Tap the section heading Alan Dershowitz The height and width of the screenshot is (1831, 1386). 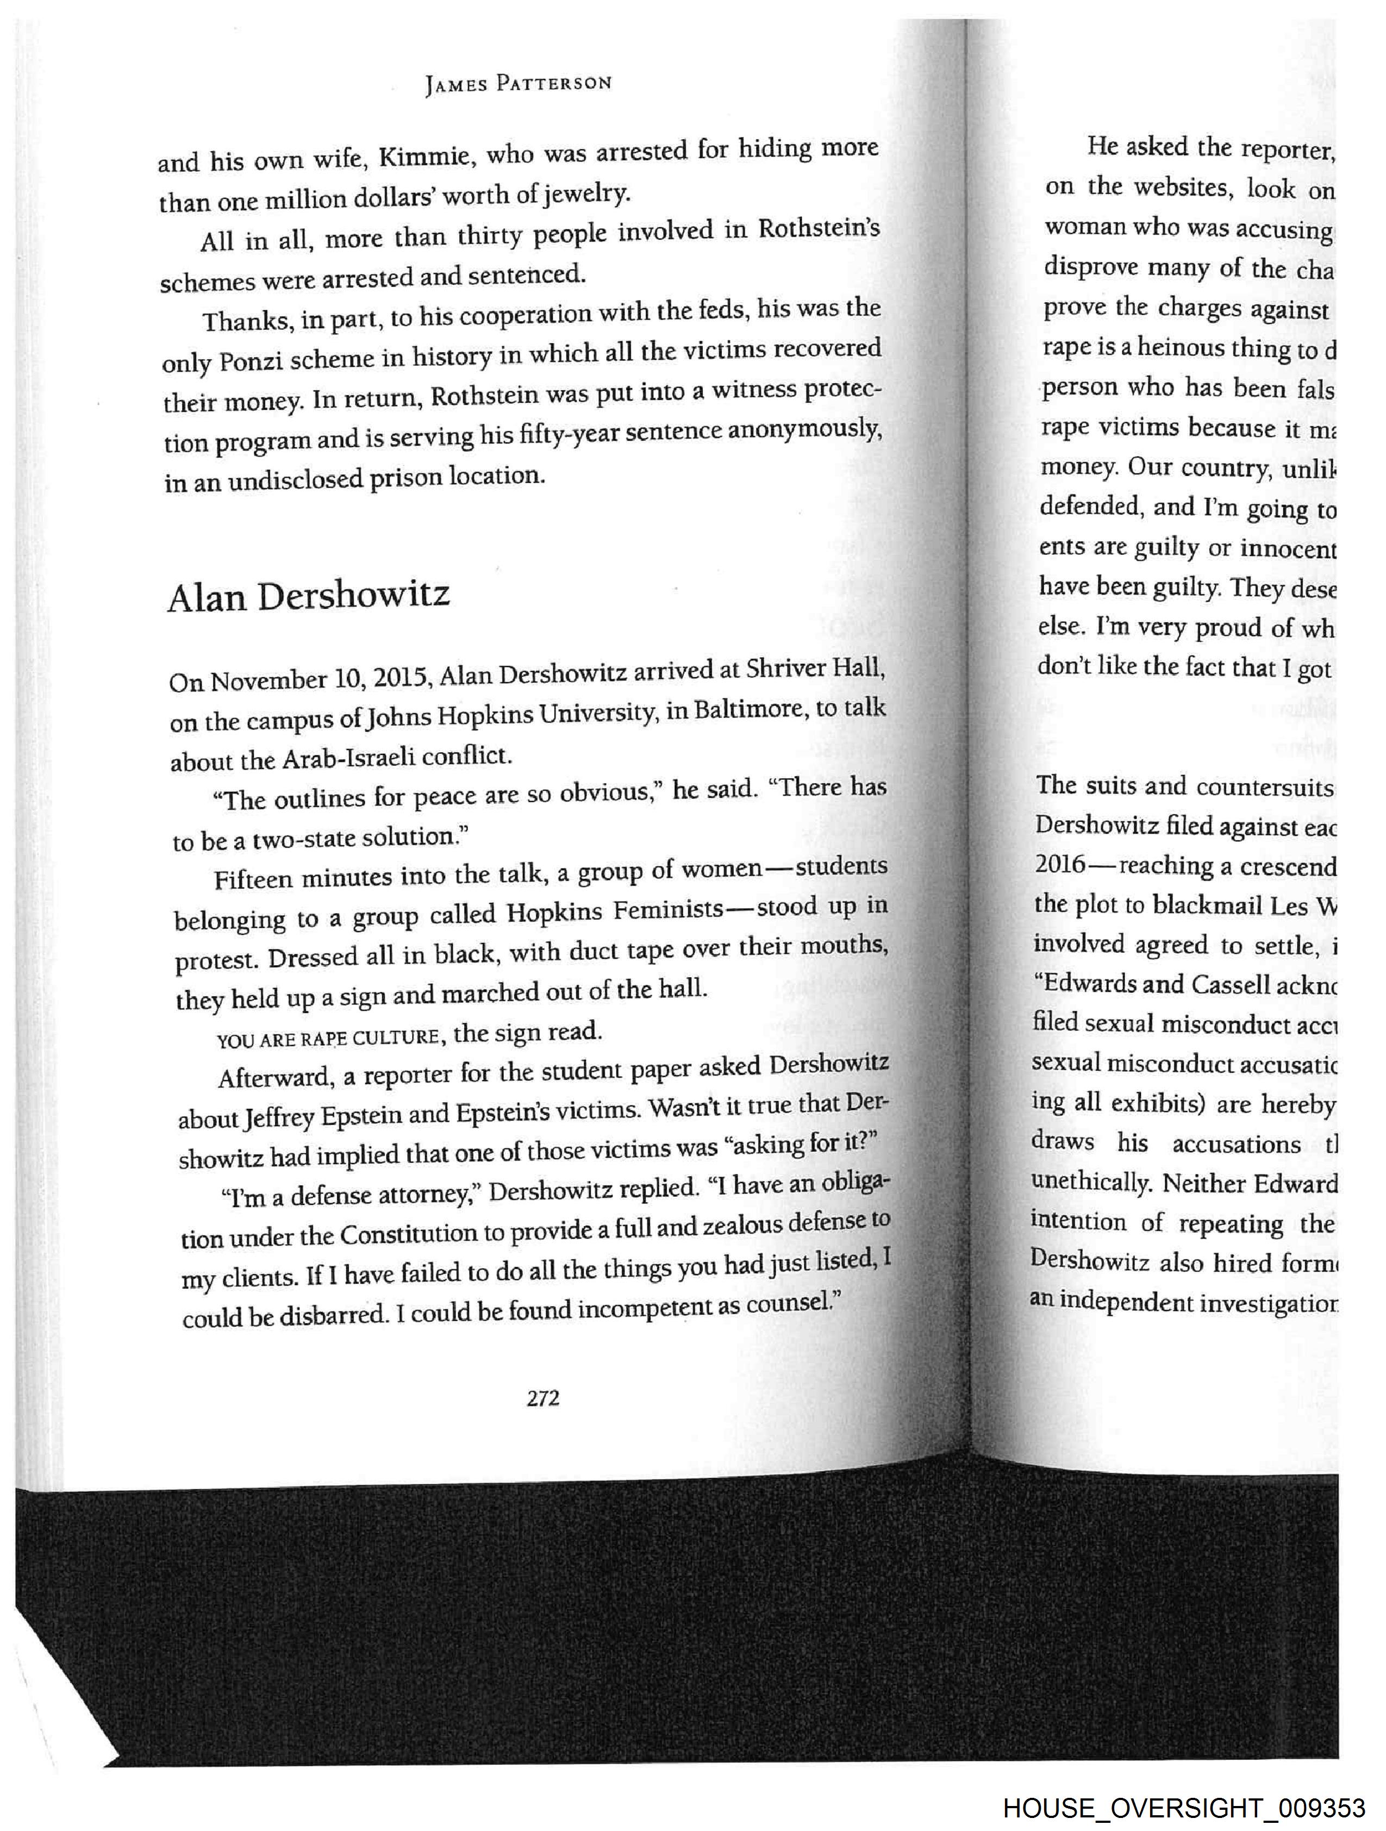309,596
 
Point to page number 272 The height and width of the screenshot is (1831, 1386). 543,1398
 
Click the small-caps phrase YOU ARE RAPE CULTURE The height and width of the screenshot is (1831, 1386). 327,1036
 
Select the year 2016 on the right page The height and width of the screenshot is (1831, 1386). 1060,864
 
